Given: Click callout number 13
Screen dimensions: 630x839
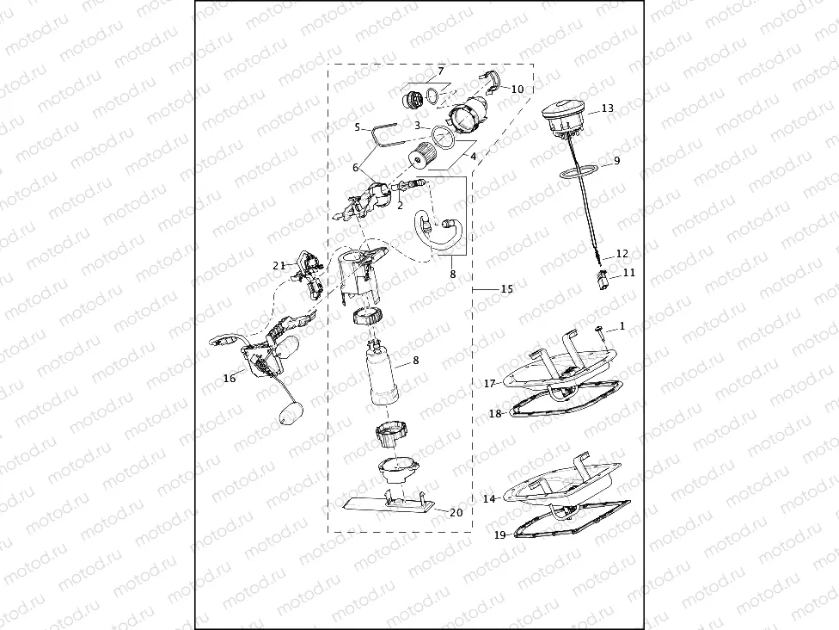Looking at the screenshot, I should tap(608, 109).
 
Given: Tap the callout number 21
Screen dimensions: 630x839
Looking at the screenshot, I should tap(279, 266).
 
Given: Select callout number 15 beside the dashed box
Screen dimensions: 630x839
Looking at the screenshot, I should tap(506, 289).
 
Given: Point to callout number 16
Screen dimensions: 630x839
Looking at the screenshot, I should tap(230, 378).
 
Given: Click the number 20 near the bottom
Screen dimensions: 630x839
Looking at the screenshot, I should tap(456, 512).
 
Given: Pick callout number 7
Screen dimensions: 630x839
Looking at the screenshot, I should tap(440, 71).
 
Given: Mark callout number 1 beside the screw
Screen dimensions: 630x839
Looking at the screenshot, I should tap(623, 326).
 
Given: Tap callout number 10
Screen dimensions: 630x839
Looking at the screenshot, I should tap(517, 89).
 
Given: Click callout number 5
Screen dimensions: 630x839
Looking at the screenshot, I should tap(357, 127).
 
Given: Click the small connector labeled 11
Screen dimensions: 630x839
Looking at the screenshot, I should tap(604, 277).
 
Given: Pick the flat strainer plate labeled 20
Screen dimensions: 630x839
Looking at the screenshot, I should tap(387, 504).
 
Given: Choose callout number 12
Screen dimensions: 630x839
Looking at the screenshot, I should tap(622, 254).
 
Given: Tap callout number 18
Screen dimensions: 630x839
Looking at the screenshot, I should tap(495, 414).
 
